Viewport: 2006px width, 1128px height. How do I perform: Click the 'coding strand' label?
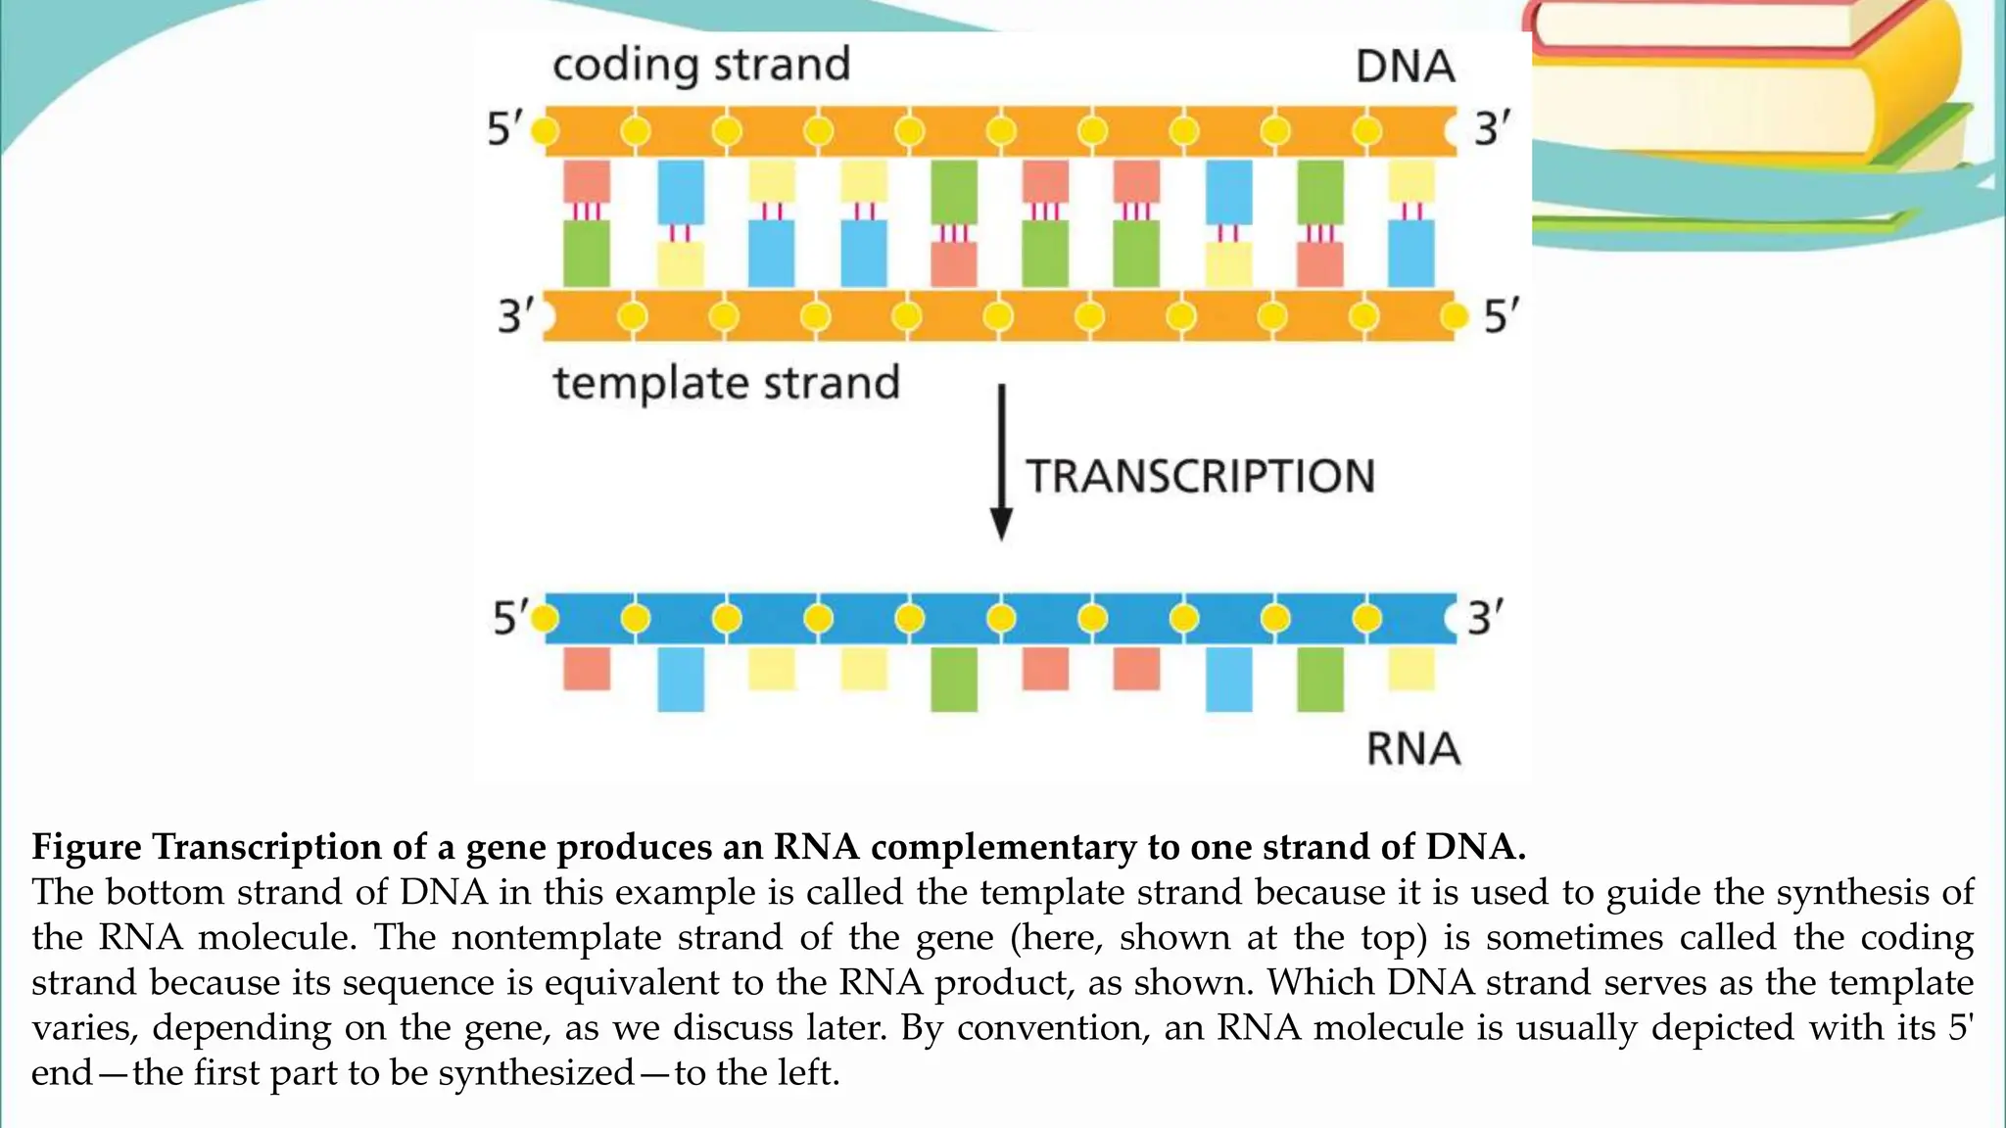pyautogui.click(x=701, y=66)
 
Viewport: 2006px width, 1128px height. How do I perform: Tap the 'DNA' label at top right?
pyautogui.click(x=1405, y=67)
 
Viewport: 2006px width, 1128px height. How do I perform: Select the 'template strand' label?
pyautogui.click(x=726, y=383)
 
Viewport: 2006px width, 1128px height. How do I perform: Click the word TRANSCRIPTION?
pyautogui.click(x=1200, y=477)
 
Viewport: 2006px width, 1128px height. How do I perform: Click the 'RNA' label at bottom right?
pyautogui.click(x=1412, y=749)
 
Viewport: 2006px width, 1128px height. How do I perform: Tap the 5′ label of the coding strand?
pyautogui.click(x=504, y=129)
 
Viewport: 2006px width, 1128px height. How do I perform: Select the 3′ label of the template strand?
pyautogui.click(x=515, y=316)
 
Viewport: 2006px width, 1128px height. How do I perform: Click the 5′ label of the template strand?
pyautogui.click(x=1501, y=316)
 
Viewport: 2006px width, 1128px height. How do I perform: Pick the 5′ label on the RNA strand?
pyautogui.click(x=509, y=618)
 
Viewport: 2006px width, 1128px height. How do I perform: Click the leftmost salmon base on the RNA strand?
pyautogui.click(x=587, y=669)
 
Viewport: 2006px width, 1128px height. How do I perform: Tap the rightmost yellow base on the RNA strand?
pyautogui.click(x=1411, y=669)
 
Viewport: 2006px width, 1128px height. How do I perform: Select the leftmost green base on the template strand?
pyautogui.click(x=587, y=253)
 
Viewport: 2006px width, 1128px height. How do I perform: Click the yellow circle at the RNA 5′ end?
pyautogui.click(x=545, y=618)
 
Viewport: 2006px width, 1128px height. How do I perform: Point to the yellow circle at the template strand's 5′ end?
pyautogui.click(x=1456, y=316)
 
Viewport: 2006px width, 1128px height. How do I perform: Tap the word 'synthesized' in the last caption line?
pyautogui.click(x=536, y=1073)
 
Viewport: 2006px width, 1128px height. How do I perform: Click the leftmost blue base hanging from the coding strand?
pyautogui.click(x=681, y=192)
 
